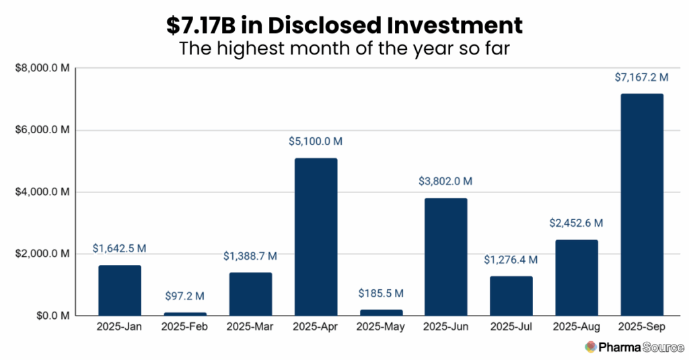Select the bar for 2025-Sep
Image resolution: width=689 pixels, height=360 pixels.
641,205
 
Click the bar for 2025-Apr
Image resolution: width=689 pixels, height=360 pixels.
316,237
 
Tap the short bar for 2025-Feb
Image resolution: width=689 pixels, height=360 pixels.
185,314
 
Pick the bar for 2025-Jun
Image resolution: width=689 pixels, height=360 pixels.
445,256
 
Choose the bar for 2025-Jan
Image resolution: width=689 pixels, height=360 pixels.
120,290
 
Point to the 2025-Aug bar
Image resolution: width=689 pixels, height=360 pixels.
576,277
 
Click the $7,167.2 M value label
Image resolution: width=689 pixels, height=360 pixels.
641,78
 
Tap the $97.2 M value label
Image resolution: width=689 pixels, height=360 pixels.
185,296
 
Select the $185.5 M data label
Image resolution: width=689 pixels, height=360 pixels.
380,293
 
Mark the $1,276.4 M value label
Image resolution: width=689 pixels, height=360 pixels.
511,260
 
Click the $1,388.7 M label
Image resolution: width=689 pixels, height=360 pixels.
250,256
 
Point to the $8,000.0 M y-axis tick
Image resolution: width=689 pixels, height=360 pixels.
42,69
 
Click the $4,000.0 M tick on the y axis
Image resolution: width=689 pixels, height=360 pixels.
42,192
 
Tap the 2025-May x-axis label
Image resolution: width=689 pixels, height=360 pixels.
380,328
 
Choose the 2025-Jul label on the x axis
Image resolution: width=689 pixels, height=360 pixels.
511,328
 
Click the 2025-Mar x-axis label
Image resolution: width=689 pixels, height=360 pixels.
250,328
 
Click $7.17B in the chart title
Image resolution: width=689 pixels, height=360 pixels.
203,25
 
